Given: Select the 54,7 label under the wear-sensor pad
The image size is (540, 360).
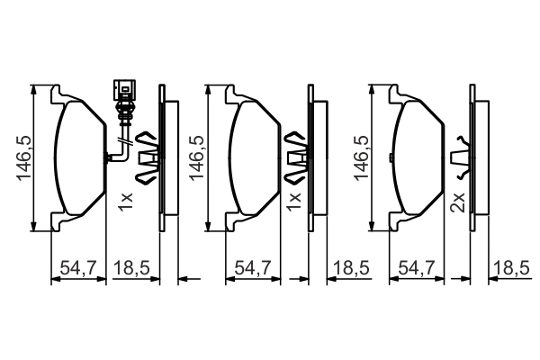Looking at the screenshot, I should click(79, 267).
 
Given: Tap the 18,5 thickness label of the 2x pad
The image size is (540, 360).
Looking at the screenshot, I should click(511, 267).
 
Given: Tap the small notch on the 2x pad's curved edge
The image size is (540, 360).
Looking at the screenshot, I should click(391, 157).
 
